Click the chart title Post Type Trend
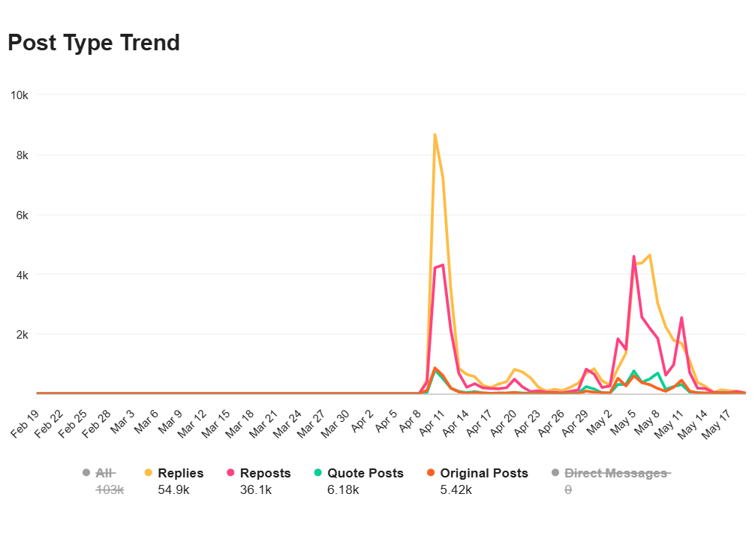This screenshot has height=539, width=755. [94, 43]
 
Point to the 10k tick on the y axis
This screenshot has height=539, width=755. [19, 95]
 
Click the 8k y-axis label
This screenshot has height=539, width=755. [21, 155]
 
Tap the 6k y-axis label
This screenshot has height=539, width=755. [21, 215]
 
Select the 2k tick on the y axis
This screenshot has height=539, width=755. [21, 334]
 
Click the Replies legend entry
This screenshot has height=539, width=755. [180, 473]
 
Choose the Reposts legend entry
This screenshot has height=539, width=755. [265, 473]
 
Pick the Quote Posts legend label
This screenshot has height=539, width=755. [365, 473]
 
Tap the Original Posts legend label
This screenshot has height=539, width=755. [483, 473]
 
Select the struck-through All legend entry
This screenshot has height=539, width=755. [105, 473]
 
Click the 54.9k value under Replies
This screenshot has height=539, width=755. [174, 489]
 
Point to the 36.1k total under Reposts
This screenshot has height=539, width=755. [256, 489]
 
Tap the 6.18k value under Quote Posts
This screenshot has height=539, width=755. [343, 489]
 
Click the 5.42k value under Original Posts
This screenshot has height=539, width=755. [456, 489]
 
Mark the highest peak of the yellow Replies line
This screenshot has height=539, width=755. [435, 135]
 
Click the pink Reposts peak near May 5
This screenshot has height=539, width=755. [634, 257]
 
